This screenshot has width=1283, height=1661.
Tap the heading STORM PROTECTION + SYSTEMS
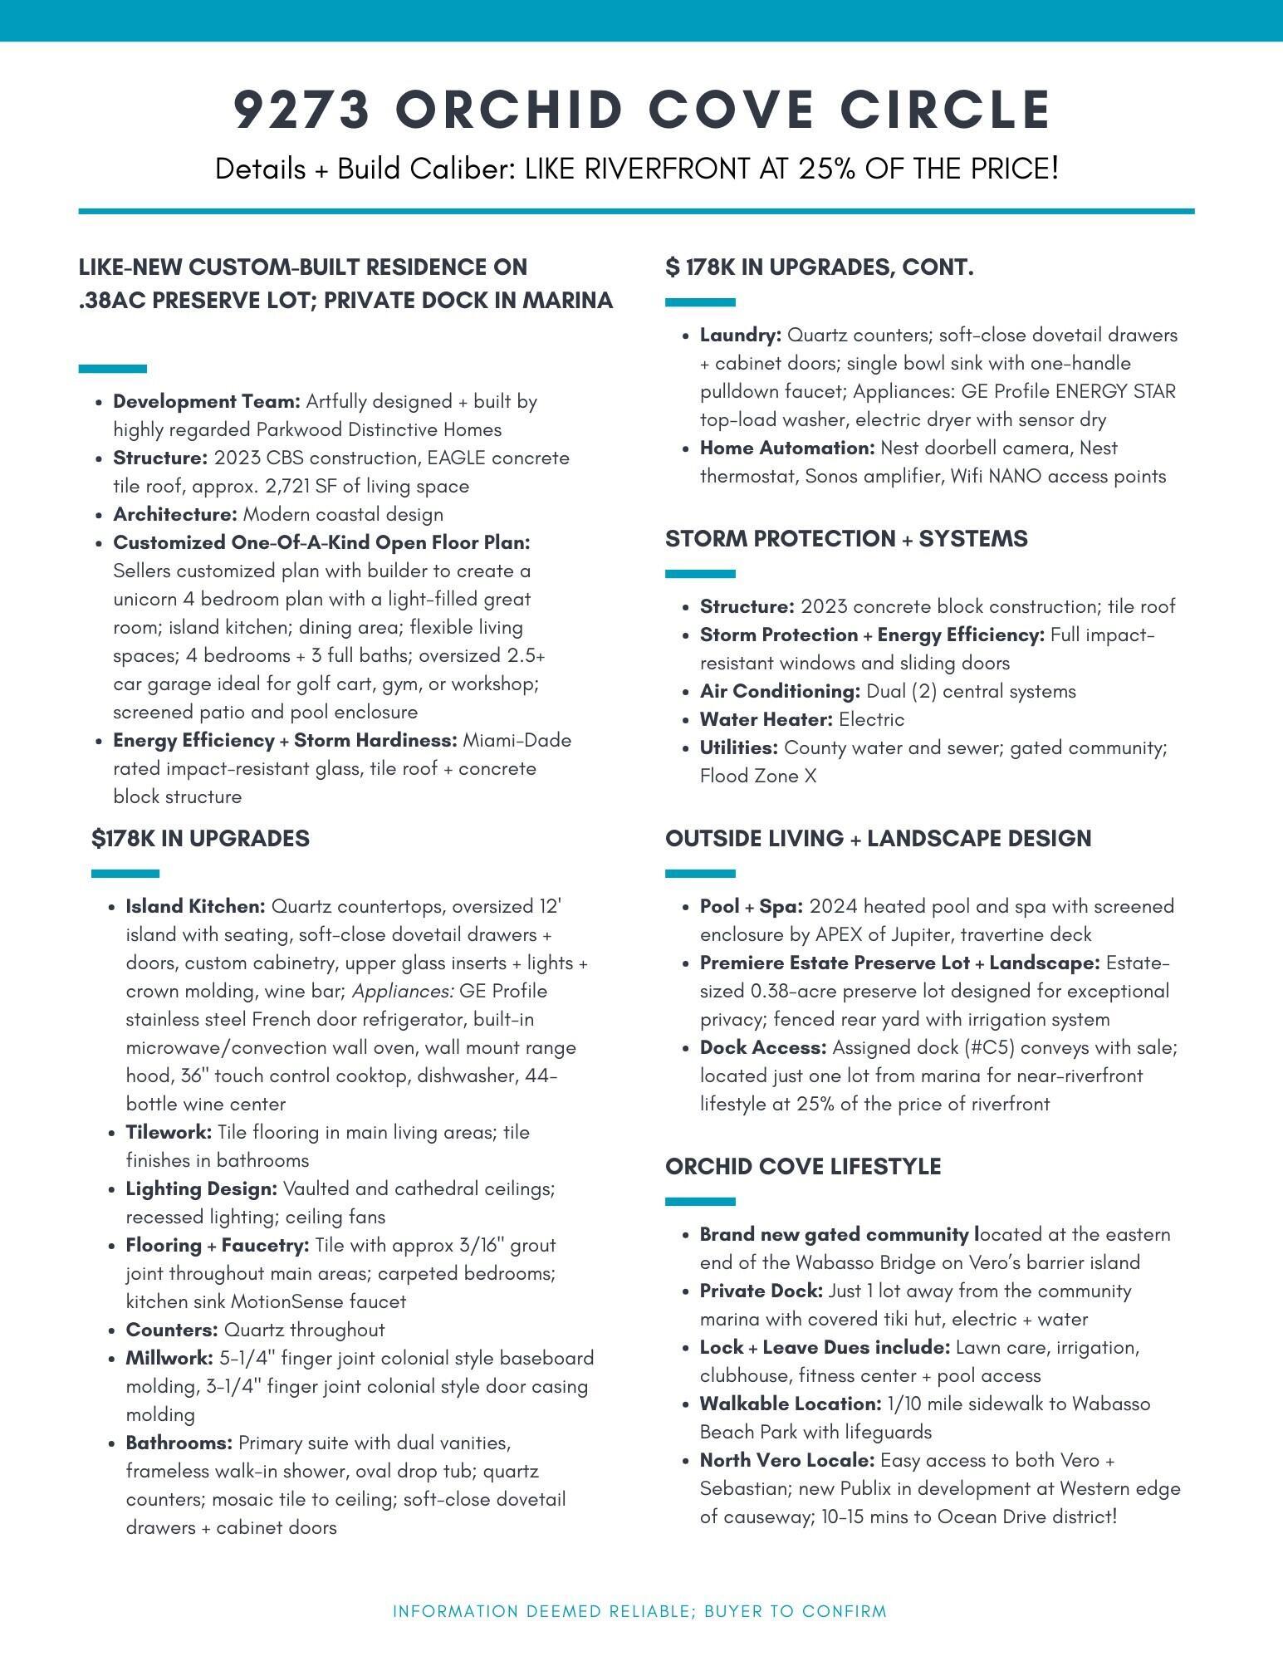(846, 539)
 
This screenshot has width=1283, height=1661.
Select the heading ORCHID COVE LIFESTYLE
(803, 1166)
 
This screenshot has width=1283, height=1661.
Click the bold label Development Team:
(207, 402)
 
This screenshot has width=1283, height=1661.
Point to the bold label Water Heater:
(766, 719)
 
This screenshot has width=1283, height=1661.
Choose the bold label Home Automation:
(787, 448)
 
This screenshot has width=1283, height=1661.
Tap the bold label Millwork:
(169, 1358)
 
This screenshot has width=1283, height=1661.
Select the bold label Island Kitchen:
(195, 906)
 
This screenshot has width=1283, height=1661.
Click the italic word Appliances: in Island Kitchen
(403, 991)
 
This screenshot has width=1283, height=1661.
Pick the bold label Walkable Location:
(790, 1404)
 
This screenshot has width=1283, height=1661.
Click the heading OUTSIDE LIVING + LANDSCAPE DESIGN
(878, 838)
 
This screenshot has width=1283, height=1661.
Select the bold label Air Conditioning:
(780, 691)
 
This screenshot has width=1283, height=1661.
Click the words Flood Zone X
(758, 776)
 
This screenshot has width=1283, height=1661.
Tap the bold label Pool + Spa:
(752, 906)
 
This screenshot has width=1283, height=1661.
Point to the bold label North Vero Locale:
(786, 1460)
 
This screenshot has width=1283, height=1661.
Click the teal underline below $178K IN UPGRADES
(125, 874)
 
